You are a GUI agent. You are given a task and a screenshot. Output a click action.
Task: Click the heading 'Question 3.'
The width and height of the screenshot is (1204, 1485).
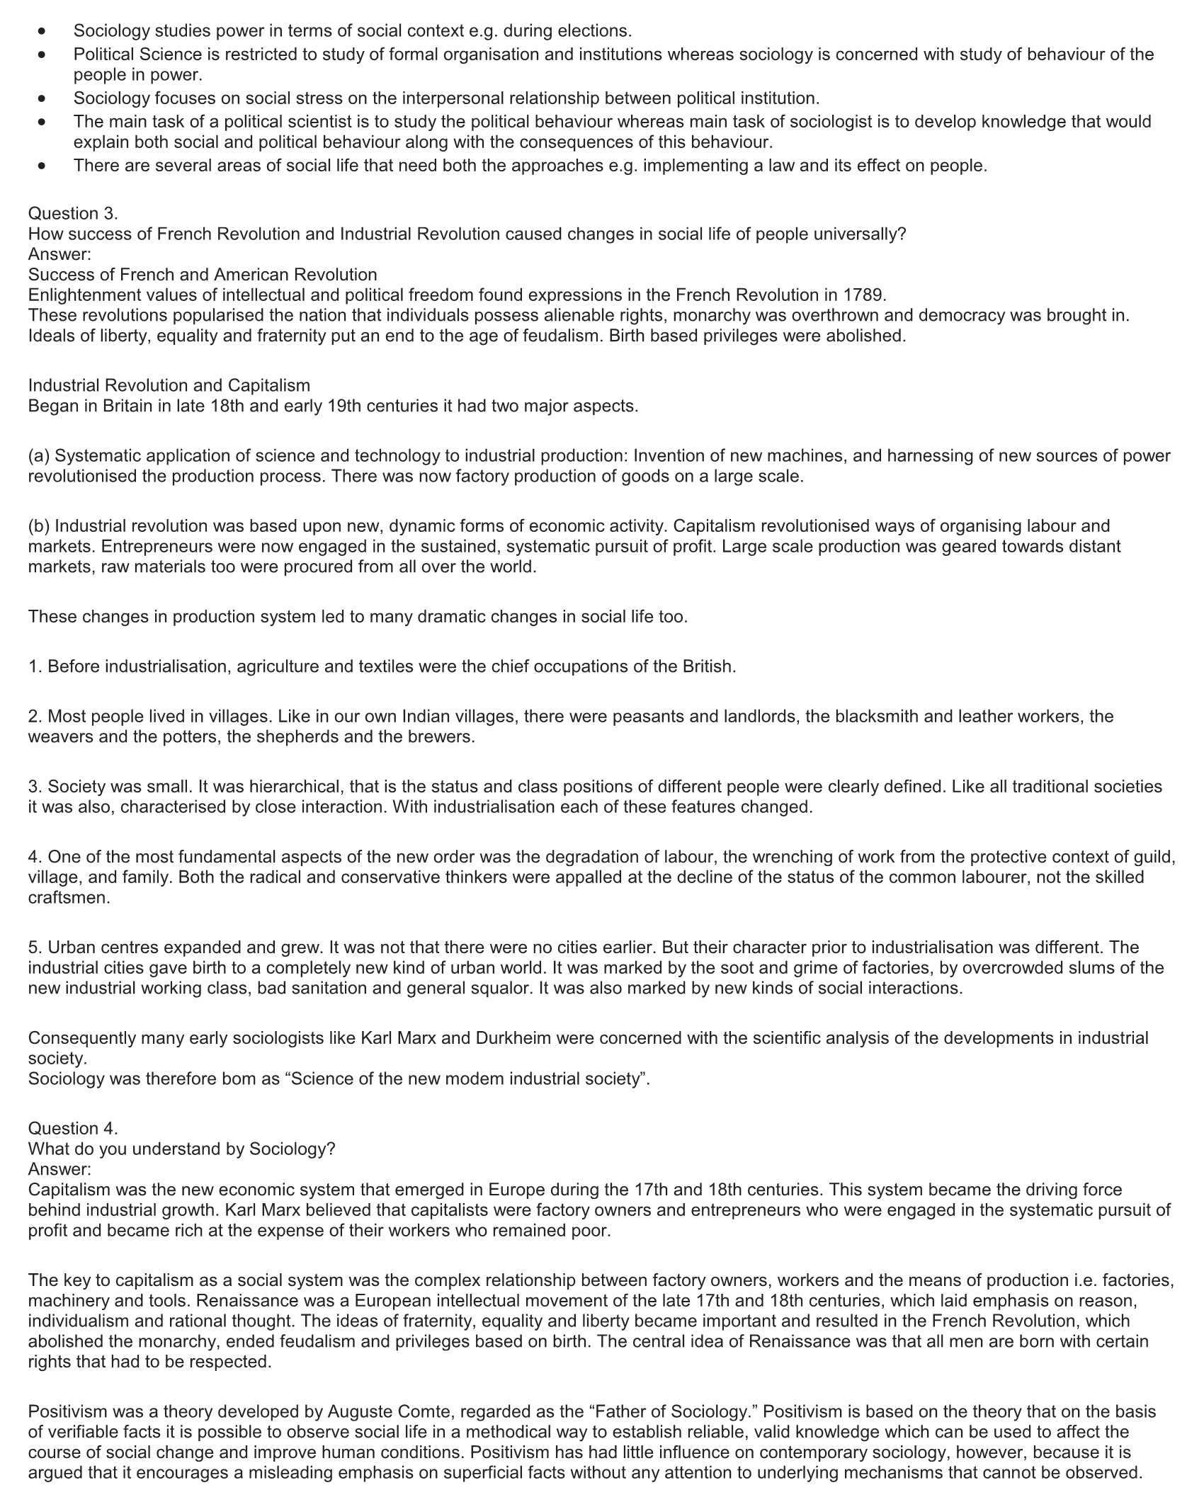point(73,214)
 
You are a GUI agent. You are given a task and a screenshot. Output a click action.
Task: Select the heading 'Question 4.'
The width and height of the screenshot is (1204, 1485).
point(73,1128)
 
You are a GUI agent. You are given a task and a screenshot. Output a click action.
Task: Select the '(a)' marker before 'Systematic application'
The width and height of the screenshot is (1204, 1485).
point(39,456)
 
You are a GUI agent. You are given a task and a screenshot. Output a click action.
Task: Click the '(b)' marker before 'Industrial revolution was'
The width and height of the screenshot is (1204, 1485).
point(39,526)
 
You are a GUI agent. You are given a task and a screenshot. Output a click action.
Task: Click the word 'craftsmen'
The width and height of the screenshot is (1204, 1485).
point(69,898)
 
